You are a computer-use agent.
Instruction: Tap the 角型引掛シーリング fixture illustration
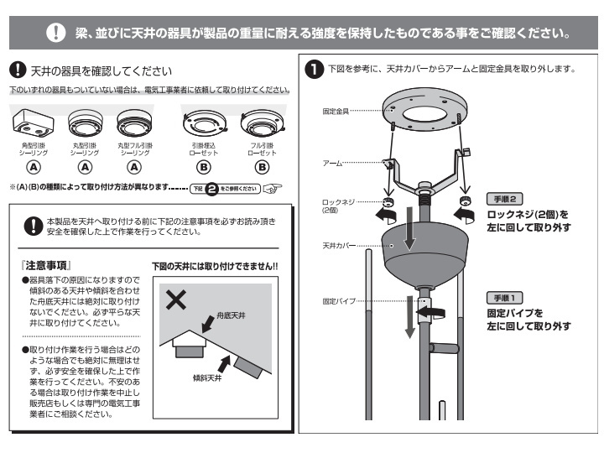[34, 125]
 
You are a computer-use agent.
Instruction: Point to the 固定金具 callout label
[336, 110]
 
